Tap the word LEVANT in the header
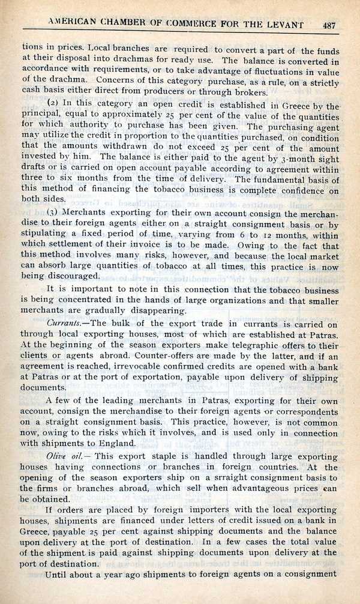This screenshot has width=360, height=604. pos(283,25)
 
